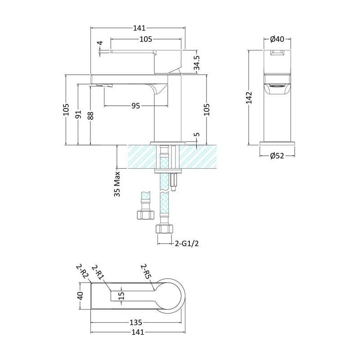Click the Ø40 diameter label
(x=277, y=39)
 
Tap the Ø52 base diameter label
(x=277, y=156)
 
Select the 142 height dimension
(x=249, y=98)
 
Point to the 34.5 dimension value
(x=197, y=63)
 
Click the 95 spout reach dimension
(x=136, y=106)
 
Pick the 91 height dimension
(x=78, y=114)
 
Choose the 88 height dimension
(x=91, y=116)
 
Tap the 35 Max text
(x=117, y=184)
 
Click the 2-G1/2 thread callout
(x=187, y=243)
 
